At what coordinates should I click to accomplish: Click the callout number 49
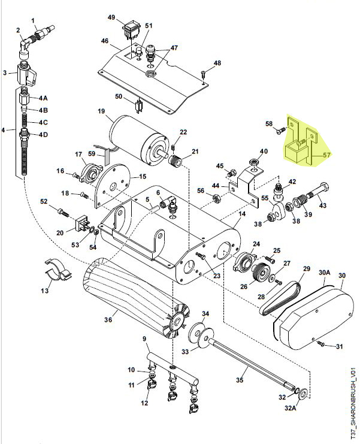click(111, 17)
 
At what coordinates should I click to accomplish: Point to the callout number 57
click(327, 155)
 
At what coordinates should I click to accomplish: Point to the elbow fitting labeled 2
click(26, 47)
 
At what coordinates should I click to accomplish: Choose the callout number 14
click(243, 213)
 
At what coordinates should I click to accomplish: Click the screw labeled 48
click(204, 74)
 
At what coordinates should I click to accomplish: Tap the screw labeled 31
click(322, 344)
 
